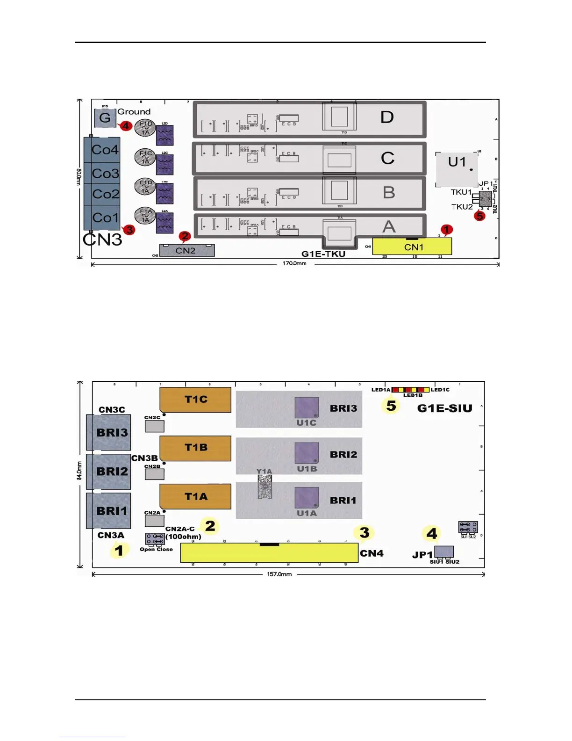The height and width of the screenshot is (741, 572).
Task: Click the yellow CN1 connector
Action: tap(412, 246)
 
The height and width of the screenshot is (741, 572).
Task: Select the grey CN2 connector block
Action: tap(186, 250)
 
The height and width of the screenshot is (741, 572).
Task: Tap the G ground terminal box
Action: tap(105, 118)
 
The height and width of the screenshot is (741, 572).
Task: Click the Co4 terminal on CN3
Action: tap(104, 150)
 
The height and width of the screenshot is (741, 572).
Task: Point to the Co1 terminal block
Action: tap(104, 218)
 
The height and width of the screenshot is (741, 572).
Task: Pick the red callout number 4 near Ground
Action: tap(125, 126)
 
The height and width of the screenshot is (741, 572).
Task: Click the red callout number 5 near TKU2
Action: tap(479, 216)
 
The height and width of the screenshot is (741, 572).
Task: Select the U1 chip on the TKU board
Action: tap(457, 168)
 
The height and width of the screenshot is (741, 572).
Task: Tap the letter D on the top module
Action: tap(387, 117)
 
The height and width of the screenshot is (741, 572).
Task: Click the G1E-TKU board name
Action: tap(323, 254)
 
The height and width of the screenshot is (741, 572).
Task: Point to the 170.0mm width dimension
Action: tap(294, 263)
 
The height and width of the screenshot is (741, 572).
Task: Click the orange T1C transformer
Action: tap(196, 400)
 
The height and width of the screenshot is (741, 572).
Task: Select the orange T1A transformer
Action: tap(196, 496)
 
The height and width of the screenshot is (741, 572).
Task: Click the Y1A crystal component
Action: tap(265, 487)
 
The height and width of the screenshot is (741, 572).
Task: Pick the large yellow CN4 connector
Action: tap(269, 553)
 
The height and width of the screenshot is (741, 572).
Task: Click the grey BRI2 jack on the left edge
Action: tap(109, 472)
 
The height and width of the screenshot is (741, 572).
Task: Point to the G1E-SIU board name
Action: tap(444, 408)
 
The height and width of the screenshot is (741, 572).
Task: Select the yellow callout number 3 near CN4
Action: tap(365, 532)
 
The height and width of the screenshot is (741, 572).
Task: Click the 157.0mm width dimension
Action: tap(279, 574)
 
